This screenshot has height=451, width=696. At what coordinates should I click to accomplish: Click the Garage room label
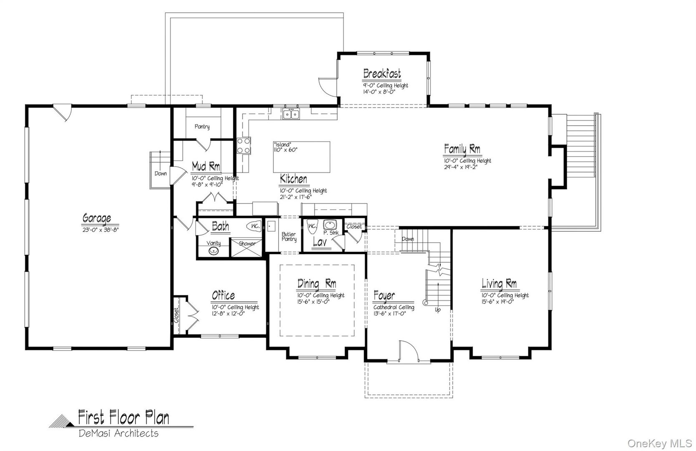tap(97, 218)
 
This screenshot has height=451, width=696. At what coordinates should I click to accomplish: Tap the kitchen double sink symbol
tap(291, 114)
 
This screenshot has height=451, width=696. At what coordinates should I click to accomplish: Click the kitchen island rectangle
tap(302, 157)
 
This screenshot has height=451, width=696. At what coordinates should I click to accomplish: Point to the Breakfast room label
tap(382, 74)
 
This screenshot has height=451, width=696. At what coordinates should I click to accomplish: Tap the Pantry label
tap(202, 127)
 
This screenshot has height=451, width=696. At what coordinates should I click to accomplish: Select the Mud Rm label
tap(206, 166)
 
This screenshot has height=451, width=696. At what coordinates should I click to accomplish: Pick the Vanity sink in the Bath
tap(214, 251)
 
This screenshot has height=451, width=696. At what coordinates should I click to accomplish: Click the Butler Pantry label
tap(289, 237)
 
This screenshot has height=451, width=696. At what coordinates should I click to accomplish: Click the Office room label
tap(224, 296)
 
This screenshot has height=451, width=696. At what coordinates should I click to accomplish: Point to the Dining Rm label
tap(317, 284)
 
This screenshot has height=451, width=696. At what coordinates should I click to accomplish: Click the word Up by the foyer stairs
tap(437, 310)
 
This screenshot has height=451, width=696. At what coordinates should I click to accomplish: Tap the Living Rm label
tap(499, 284)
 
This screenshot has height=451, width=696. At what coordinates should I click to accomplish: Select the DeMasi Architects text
tap(119, 433)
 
